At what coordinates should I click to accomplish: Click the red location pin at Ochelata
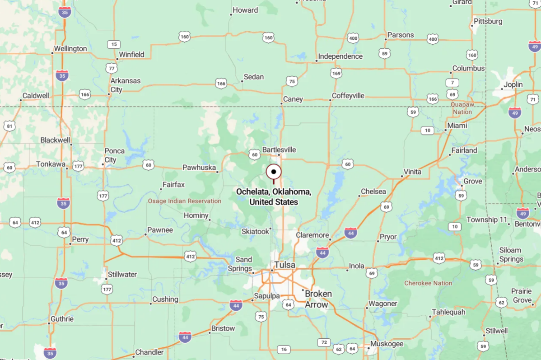(x=274, y=172)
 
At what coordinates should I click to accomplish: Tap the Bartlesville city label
(x=279, y=150)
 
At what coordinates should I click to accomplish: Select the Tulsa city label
(x=284, y=265)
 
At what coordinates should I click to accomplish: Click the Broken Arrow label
(x=318, y=299)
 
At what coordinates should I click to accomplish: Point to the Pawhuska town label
(x=199, y=168)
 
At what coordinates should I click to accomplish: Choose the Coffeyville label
(x=348, y=96)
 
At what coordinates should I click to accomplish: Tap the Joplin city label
(x=513, y=84)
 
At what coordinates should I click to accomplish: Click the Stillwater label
(x=122, y=274)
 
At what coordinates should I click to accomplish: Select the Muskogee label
(x=387, y=344)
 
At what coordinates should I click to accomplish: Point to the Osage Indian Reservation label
(x=185, y=201)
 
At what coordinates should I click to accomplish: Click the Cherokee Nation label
(x=428, y=283)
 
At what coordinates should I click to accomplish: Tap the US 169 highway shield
(x=336, y=73)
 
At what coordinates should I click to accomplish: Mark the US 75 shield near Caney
(x=292, y=81)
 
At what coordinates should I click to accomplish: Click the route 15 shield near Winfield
(x=114, y=44)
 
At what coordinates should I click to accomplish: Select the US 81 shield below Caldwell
(x=9, y=126)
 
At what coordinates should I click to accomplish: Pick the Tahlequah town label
(x=448, y=312)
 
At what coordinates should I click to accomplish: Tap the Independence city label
(x=340, y=56)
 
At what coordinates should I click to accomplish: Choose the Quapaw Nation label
(x=462, y=108)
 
